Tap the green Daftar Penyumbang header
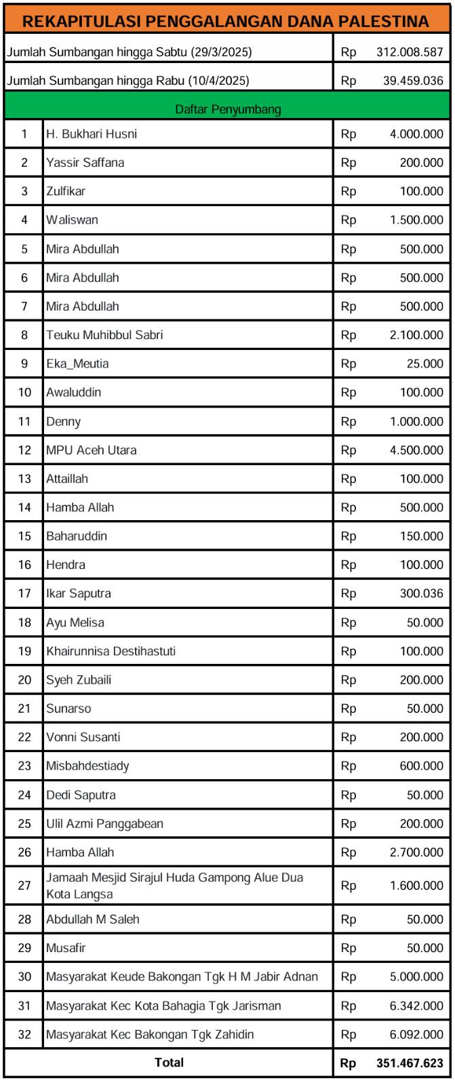pos(229,108)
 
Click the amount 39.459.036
pos(413,81)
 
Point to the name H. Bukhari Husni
pos(92,134)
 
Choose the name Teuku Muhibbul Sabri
pos(104,335)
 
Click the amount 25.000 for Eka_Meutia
pos(425,364)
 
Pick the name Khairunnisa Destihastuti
pos(111,651)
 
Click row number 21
pos(24,709)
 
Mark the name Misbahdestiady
pos(87,766)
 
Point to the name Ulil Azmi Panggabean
pos(104,823)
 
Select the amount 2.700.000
pos(416,852)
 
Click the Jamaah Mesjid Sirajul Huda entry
pos(174,886)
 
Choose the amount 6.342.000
pos(416,1006)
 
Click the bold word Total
pos(169,1063)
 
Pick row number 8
pos(24,335)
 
